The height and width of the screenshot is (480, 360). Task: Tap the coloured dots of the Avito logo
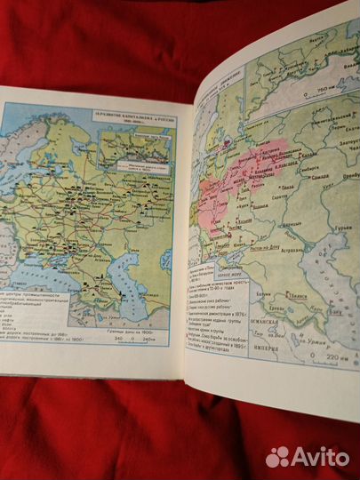coord(279,455)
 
